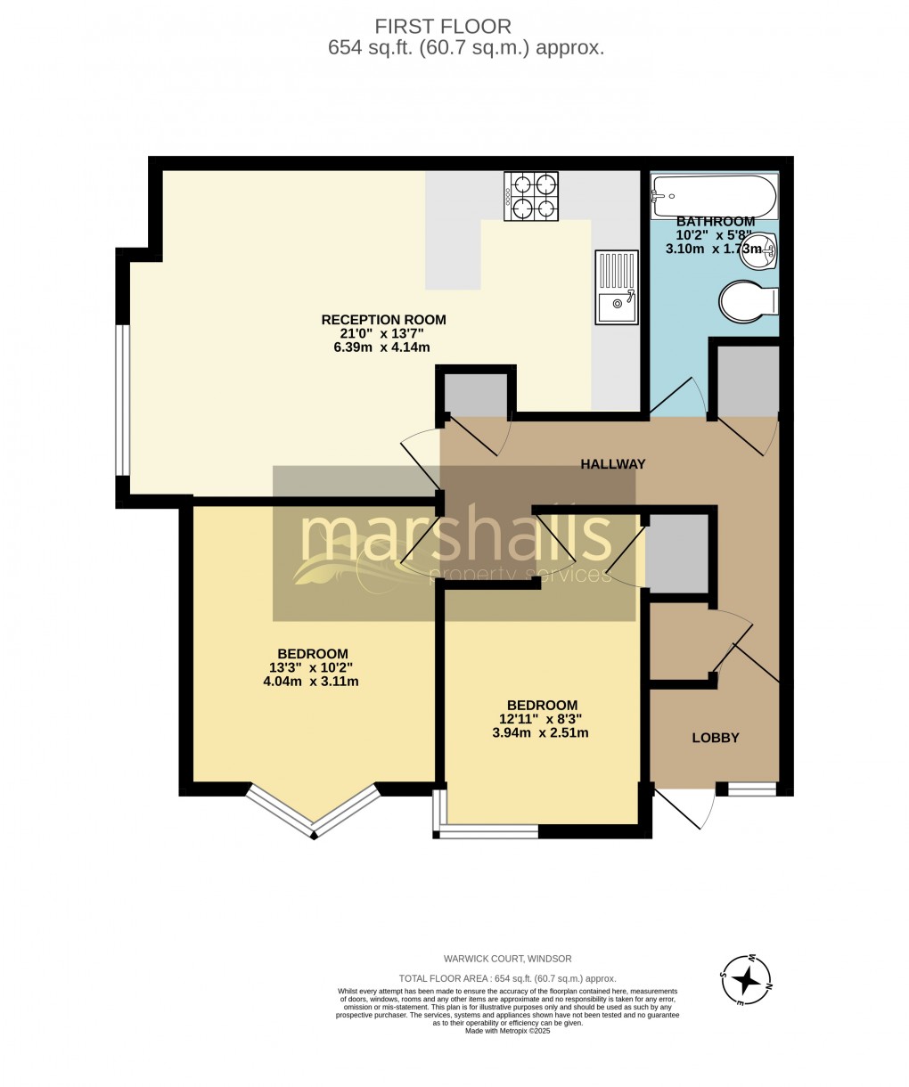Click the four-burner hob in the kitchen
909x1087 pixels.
531,196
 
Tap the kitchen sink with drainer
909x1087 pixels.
617,287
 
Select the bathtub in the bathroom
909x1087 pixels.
714,194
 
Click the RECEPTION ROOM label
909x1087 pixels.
383,320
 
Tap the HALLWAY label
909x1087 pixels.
612,464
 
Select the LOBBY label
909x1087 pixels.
716,738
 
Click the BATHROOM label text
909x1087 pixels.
715,221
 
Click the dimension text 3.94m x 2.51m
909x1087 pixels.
540,733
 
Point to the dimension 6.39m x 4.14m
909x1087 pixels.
383,347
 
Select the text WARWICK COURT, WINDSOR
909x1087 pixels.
508,959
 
